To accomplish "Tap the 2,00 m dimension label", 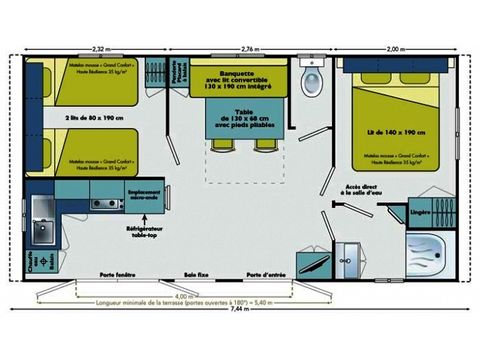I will pos(398,48).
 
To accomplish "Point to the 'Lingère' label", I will pos(422,212).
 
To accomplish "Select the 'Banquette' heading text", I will pos(234,70).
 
